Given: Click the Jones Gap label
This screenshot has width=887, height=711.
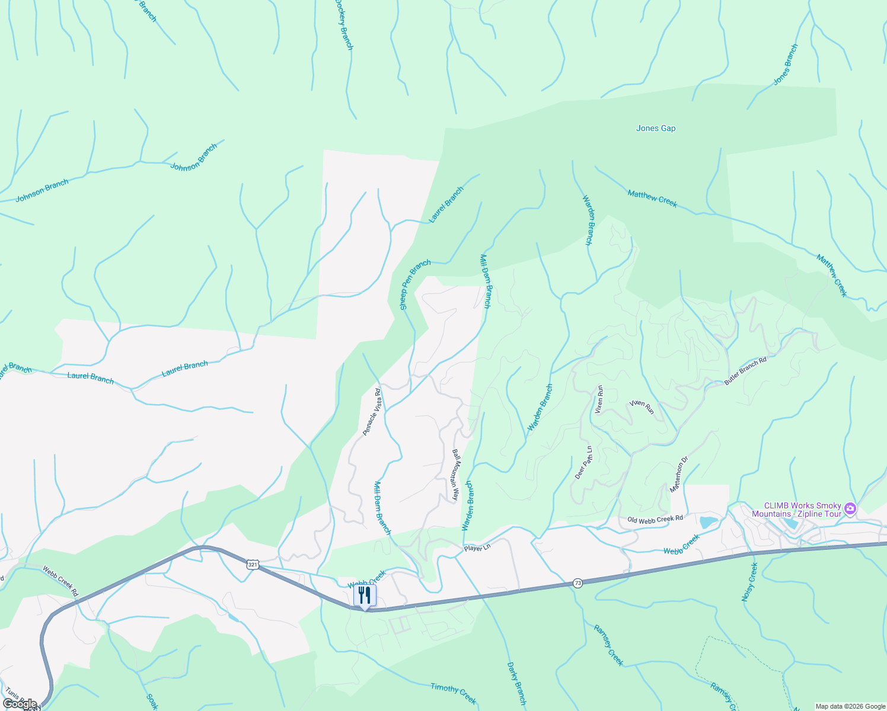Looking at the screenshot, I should click(655, 128).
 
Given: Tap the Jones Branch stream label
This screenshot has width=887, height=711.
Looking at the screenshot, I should click(786, 65).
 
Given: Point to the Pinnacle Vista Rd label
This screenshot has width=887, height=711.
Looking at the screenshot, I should click(372, 412).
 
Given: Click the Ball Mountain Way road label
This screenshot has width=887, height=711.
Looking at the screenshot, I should click(455, 475).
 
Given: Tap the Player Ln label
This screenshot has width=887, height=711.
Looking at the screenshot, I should click(477, 548).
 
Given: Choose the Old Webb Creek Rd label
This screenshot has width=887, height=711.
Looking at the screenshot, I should click(655, 519).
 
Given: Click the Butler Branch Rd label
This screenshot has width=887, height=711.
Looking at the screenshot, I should click(745, 371).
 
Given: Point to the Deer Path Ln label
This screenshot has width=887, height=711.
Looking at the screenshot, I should click(584, 462).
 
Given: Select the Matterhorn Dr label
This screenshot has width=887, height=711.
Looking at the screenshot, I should click(679, 474).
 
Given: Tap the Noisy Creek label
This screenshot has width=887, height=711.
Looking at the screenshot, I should click(750, 582).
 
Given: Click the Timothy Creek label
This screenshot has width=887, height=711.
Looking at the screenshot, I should click(454, 693).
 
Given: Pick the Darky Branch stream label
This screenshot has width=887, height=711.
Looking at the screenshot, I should click(516, 683).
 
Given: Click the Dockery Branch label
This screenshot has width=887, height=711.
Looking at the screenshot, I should click(344, 24).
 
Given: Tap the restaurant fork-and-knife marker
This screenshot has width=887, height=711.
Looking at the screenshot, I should click(365, 595).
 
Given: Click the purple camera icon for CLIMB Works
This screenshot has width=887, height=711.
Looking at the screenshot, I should click(850, 508).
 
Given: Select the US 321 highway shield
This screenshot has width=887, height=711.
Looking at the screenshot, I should click(253, 565).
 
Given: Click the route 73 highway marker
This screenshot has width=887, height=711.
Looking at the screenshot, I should click(577, 584).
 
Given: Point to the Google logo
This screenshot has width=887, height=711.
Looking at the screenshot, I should click(20, 704).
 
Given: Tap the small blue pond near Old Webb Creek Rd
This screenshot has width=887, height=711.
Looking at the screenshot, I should click(708, 522).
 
